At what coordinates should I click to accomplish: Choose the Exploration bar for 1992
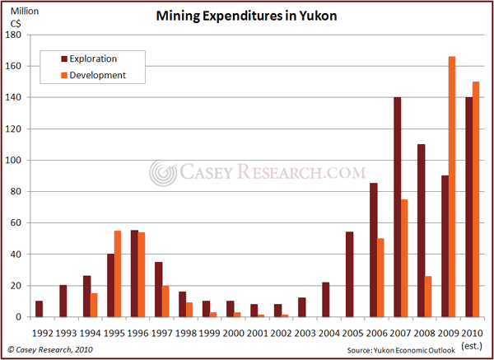[x=39, y=309]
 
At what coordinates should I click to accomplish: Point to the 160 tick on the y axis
[x=19, y=66]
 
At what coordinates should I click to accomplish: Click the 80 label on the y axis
[x=21, y=192]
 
